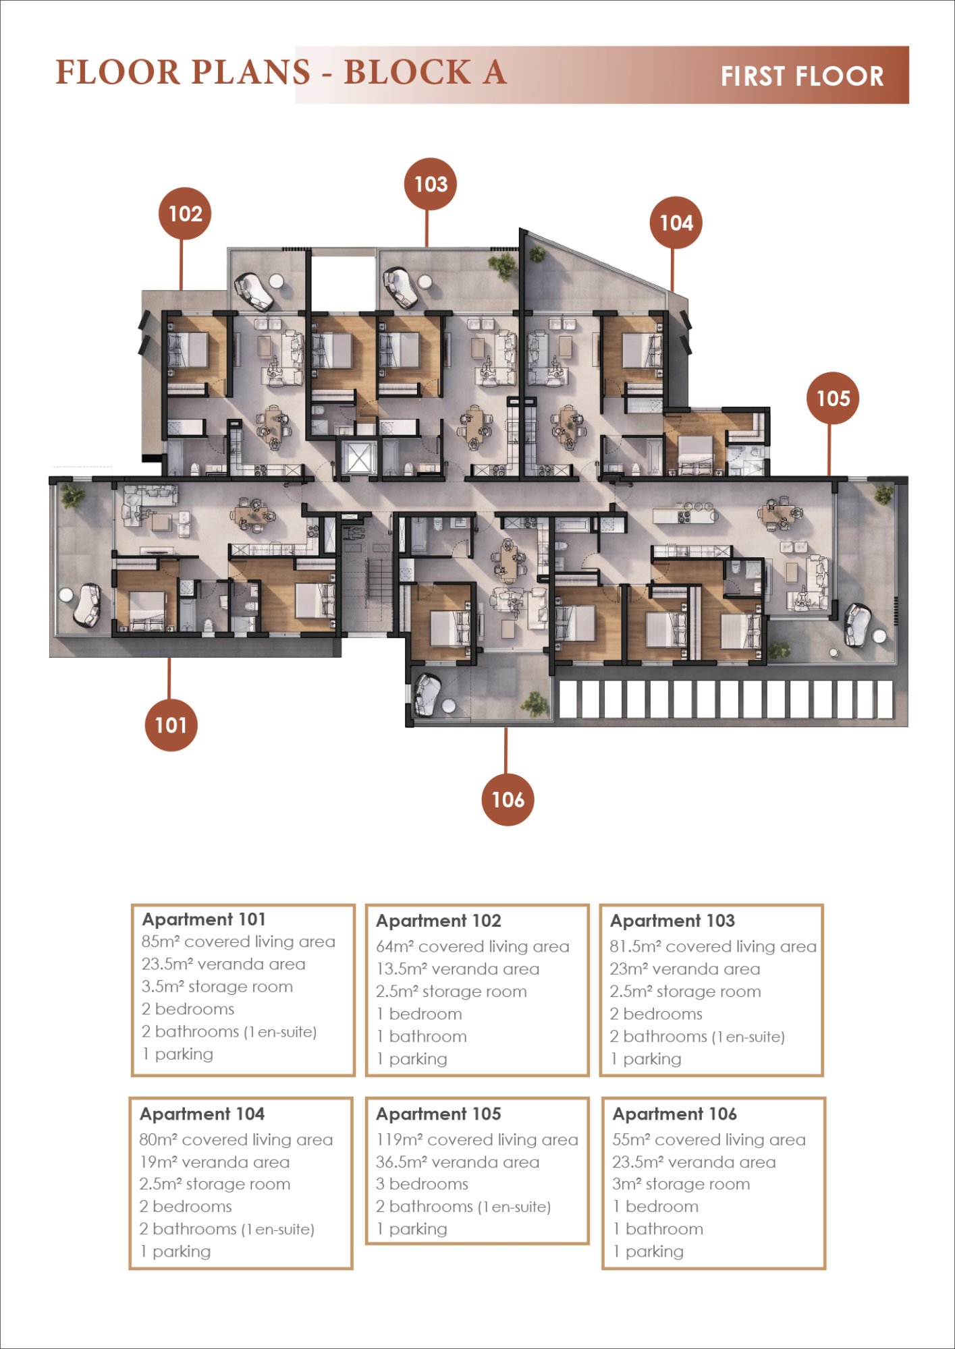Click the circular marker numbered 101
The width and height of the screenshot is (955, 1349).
point(171,725)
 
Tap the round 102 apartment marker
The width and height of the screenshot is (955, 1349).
point(185,213)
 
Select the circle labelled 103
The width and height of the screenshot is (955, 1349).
point(431,183)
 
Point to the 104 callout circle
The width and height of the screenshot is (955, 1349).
point(676,223)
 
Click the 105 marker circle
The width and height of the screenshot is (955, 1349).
point(833,398)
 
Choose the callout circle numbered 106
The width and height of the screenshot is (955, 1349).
point(508,799)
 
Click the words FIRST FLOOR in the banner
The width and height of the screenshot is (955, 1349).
point(802,76)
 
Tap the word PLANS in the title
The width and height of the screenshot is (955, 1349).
point(250,72)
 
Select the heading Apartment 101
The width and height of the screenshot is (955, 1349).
point(204,919)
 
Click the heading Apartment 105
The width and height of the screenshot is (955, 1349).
point(439,1114)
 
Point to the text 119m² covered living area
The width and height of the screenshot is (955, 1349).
point(477,1139)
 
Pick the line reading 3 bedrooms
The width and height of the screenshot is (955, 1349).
point(422,1184)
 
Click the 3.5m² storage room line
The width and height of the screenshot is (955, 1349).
point(217,986)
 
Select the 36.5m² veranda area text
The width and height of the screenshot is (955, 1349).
point(458,1161)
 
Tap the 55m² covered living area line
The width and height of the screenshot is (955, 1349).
point(709,1139)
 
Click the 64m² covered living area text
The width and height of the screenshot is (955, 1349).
point(472,946)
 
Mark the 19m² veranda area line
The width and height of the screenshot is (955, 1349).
point(215,1161)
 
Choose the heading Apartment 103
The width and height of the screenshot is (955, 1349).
point(672,921)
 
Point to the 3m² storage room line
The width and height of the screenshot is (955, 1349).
point(681,1184)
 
